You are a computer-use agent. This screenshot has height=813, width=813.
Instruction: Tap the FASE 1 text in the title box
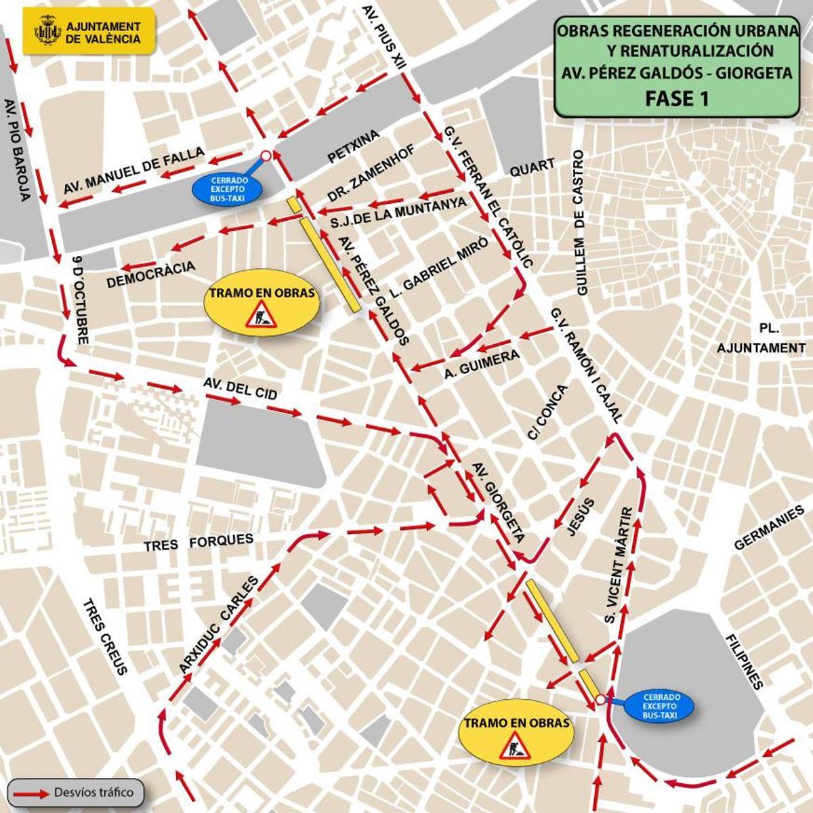pos(676,99)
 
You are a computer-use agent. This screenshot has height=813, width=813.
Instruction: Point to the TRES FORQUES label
pos(198,542)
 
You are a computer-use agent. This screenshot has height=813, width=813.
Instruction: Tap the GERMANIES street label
pos(768,528)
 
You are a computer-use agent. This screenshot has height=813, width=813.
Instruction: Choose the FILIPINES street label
pos(744,661)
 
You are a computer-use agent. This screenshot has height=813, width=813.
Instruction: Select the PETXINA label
pos(353,147)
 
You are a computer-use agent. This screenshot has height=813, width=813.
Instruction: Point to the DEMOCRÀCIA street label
pos(150,274)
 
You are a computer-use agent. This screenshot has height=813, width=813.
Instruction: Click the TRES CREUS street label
pos(105,638)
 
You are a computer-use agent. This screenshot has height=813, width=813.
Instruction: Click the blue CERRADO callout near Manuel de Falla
pos(228,189)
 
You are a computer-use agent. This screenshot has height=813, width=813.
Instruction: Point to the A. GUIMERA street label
pos(482,363)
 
